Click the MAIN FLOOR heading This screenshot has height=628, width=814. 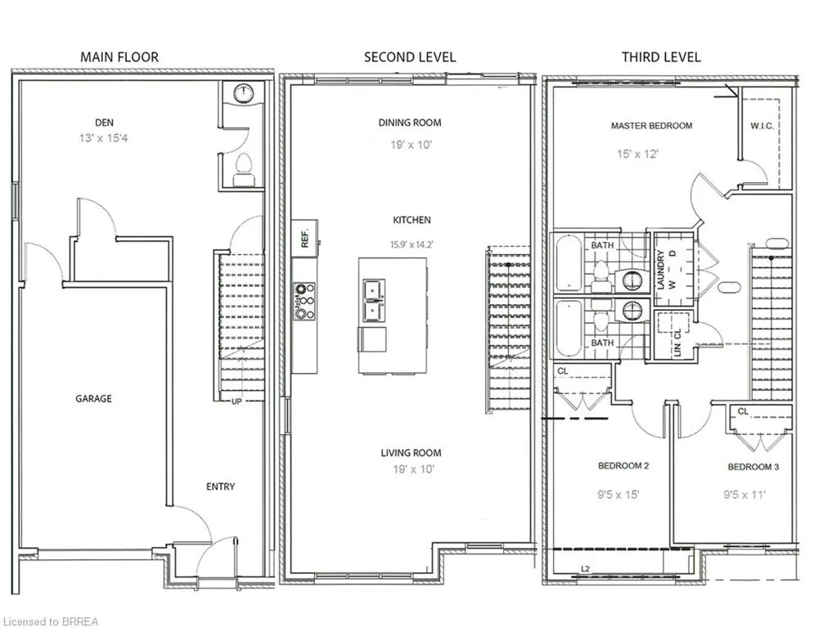119,57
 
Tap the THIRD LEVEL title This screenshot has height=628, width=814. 661,57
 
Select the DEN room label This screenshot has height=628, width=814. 105,123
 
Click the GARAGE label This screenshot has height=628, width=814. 93,398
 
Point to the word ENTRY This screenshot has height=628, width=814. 221,487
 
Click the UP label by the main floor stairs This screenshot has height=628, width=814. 236,401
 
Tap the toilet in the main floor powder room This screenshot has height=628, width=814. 244,170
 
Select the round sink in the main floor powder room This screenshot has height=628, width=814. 243,94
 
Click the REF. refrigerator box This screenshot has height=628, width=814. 304,238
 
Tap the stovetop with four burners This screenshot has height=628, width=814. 304,301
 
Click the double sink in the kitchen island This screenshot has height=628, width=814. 374,300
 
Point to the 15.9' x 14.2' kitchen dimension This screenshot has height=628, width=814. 411,244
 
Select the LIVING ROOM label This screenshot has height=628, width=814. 411,452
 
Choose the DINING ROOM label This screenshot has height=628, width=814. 410,123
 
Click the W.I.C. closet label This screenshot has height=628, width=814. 762,126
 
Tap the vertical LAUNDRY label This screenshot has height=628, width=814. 661,270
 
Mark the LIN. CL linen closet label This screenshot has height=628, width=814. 677,341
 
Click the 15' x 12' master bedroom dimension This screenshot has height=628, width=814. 637,155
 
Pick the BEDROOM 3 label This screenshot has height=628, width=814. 753,467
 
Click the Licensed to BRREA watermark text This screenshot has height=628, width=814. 51,621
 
